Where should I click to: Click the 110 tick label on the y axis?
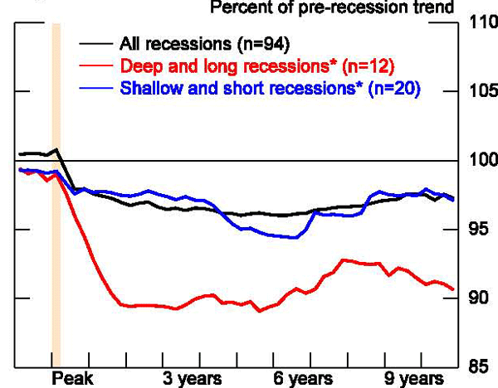(x=481, y=24)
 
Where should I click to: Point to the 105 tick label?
(x=481, y=92)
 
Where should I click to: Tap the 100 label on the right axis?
(x=481, y=161)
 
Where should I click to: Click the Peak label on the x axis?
(x=70, y=379)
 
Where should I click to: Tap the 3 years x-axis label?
(x=192, y=379)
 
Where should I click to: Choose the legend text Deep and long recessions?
(x=249, y=65)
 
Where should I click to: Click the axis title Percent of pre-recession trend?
(x=344, y=7)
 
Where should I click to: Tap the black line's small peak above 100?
(x=56, y=150)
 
